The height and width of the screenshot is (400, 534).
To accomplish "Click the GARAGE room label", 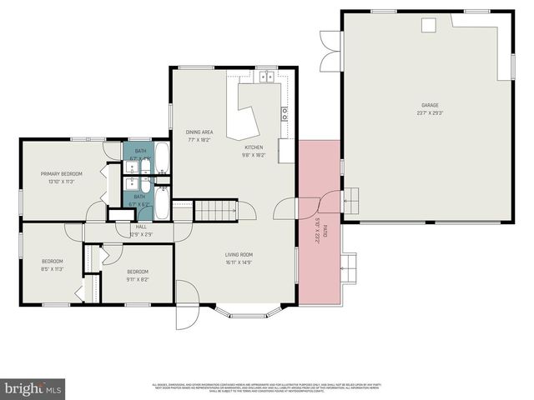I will pyautogui.click(x=430, y=106).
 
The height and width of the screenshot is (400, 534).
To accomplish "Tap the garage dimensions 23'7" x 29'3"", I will pyautogui.click(x=430, y=112).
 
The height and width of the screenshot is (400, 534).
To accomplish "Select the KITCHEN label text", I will pyautogui.click(x=253, y=148).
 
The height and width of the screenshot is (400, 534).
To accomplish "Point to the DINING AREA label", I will pyautogui.click(x=199, y=132).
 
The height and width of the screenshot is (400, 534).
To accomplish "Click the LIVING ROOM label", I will pyautogui.click(x=239, y=255).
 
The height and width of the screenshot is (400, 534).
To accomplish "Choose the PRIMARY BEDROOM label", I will pyautogui.click(x=62, y=174).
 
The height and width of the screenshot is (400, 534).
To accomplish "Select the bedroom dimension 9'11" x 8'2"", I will pyautogui.click(x=138, y=278).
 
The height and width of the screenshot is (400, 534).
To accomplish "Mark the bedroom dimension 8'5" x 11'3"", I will pyautogui.click(x=52, y=269).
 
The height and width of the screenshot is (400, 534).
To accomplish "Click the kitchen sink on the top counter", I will pyautogui.click(x=267, y=77).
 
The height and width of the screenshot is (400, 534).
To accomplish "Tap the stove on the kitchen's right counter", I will pyautogui.click(x=285, y=113).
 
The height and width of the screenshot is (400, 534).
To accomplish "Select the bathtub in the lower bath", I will pyautogui.click(x=162, y=202).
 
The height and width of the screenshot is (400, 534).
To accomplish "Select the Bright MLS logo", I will pyautogui.click(x=33, y=387).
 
